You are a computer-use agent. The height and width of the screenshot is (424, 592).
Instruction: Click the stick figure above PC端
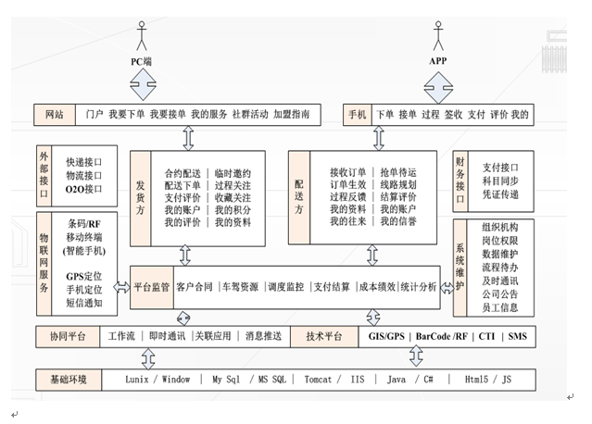tap(142, 34)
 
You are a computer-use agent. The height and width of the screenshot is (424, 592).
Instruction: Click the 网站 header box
tap(55, 115)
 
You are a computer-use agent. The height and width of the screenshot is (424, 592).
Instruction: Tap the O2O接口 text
tap(84, 189)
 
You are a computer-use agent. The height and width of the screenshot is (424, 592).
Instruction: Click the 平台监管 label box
tap(151, 287)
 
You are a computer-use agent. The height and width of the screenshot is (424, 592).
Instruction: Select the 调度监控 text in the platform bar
tap(285, 287)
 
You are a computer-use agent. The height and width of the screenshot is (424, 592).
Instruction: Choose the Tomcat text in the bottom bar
tap(318, 379)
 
